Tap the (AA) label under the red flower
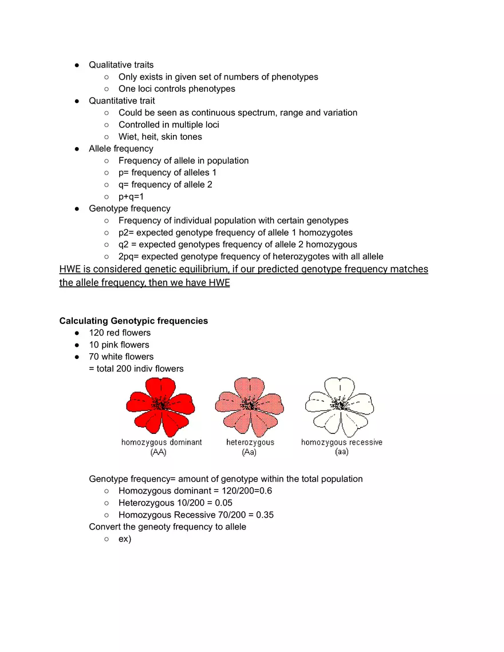(x=159, y=452)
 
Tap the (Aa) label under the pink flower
(x=250, y=452)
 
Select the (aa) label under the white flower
(x=342, y=452)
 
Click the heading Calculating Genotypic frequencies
(x=133, y=321)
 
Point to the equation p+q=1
(x=131, y=196)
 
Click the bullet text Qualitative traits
(x=121, y=65)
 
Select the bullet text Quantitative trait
(x=121, y=101)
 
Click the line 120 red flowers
(x=120, y=333)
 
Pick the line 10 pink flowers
(x=119, y=345)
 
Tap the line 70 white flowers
(x=121, y=357)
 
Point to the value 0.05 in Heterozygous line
(x=223, y=503)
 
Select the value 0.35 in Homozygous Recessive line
(x=264, y=515)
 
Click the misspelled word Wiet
(x=128, y=137)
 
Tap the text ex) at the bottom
(x=125, y=539)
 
